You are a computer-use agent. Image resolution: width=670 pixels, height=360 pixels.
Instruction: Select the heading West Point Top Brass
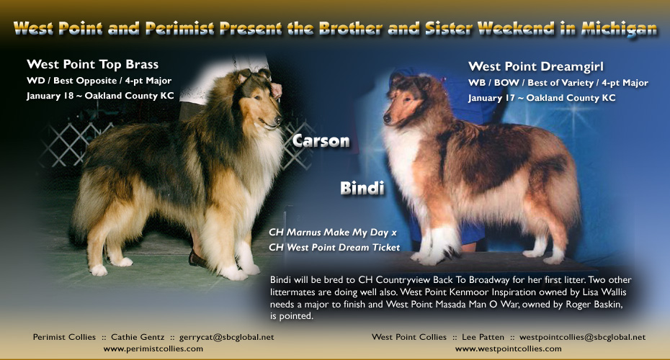click(92, 64)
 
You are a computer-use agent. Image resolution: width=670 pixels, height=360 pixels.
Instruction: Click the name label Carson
click(321, 141)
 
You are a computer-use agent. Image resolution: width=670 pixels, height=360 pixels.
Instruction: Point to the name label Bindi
click(361, 189)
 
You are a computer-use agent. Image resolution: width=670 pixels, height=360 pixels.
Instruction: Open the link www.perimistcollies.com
click(153, 348)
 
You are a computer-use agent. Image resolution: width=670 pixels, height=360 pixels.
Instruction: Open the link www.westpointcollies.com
click(508, 348)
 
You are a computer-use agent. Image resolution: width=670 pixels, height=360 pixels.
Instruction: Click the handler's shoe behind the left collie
click(197, 258)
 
